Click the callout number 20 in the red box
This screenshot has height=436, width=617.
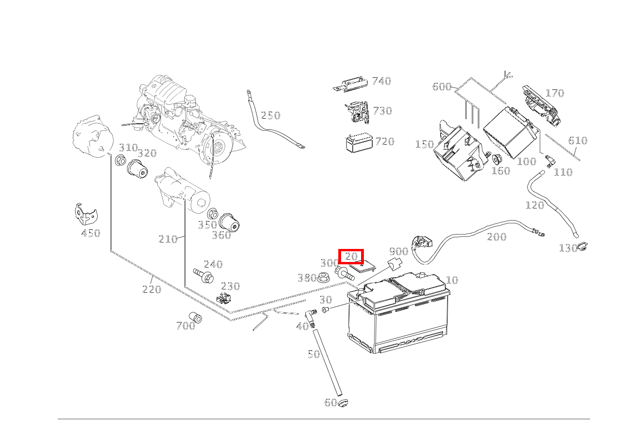point(351,256)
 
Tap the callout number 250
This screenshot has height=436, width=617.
point(270,115)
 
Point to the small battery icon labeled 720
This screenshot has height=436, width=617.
point(359,142)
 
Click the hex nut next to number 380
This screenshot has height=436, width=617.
point(324,278)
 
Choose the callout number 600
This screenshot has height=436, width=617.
point(442,87)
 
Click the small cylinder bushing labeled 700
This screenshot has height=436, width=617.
point(196,317)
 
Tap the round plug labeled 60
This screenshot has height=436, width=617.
point(343,403)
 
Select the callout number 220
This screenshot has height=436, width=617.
point(151,289)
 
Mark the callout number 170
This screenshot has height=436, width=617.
point(554,94)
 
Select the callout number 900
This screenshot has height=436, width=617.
point(398,252)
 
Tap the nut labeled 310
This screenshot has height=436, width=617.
point(120,161)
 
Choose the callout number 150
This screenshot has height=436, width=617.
point(424,144)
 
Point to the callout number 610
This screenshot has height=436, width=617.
point(577,141)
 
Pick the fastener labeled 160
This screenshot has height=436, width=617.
point(496,159)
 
